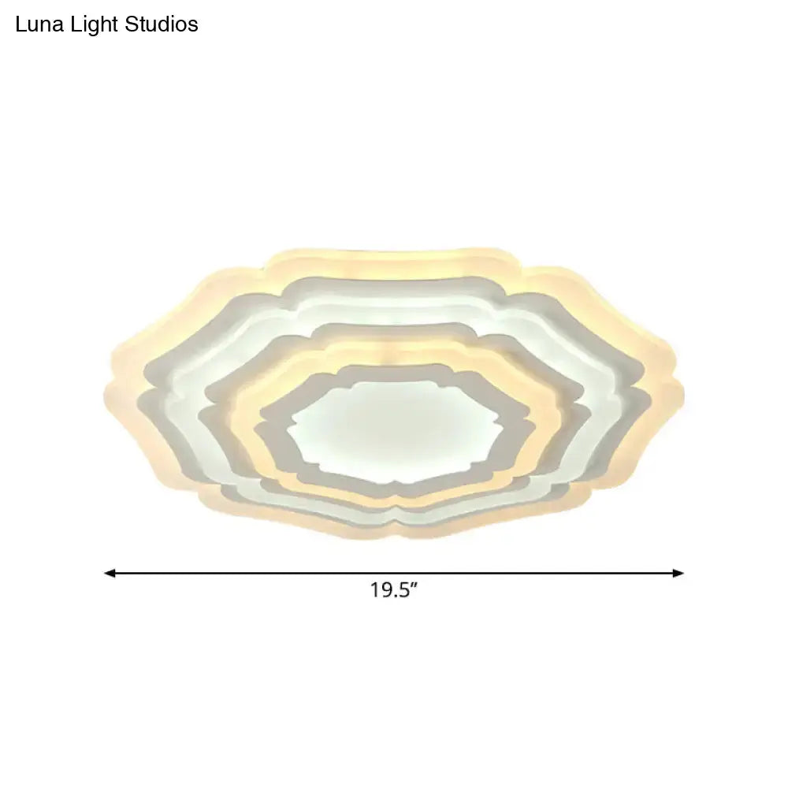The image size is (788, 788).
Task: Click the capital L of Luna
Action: [20, 25]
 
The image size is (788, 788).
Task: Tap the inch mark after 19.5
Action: [412, 586]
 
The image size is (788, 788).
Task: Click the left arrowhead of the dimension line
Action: [109, 573]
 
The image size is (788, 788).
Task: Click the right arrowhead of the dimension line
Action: [679, 573]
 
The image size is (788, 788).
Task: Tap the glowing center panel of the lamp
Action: [394, 429]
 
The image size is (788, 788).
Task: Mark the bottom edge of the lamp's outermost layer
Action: [394, 534]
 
